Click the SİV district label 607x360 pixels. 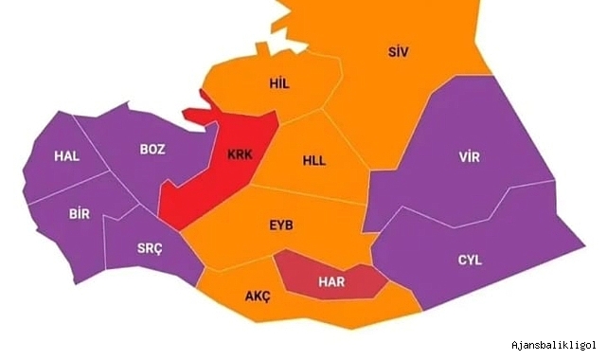coord(398,51)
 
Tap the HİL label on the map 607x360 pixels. coord(279,84)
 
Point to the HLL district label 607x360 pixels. coord(313,160)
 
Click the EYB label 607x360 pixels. coord(282,225)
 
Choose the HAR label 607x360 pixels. coord(331,281)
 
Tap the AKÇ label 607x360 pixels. coord(258,297)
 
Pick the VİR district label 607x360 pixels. coord(470,156)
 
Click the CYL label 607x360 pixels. coord(470,260)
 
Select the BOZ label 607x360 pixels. coord(152,149)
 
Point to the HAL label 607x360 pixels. coord(66,155)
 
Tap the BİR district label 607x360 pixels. coord(79,213)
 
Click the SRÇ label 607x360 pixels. coord(150,248)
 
